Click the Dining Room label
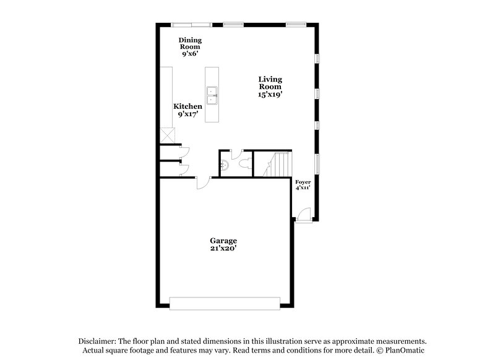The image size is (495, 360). [x=191, y=46]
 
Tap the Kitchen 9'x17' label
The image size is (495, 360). [x=187, y=110]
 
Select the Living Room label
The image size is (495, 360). [x=270, y=87]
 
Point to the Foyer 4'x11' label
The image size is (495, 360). [x=303, y=184]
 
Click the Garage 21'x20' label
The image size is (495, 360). [x=223, y=244]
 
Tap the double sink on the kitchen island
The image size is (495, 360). [x=212, y=95]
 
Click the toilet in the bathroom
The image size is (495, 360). [x=246, y=164]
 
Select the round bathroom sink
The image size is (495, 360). [x=225, y=166]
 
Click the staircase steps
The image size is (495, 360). [x=281, y=165]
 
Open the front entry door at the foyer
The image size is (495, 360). [x=303, y=214]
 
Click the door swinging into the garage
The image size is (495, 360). [x=202, y=182]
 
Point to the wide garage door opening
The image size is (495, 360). [x=225, y=302]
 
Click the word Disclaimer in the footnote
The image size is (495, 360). [x=97, y=341]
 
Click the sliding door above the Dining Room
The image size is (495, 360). [x=191, y=25]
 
